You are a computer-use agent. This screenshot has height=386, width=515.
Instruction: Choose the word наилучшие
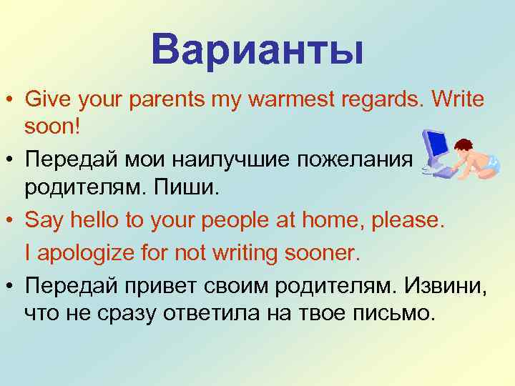point(208,161)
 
